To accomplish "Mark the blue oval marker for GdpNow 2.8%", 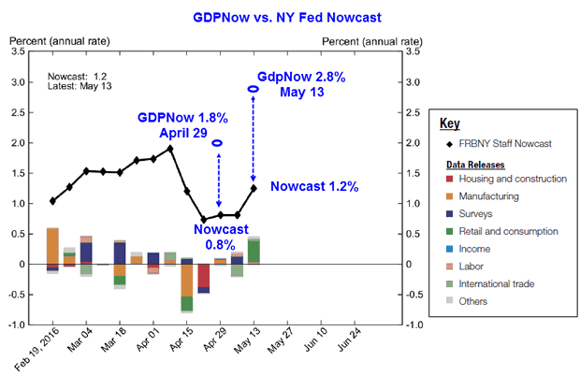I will (x=254, y=89).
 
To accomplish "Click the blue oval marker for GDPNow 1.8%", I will (x=217, y=143).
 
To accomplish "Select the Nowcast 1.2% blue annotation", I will (x=314, y=187).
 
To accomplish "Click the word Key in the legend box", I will (x=450, y=123).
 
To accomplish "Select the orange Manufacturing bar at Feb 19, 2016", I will (x=52, y=246).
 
